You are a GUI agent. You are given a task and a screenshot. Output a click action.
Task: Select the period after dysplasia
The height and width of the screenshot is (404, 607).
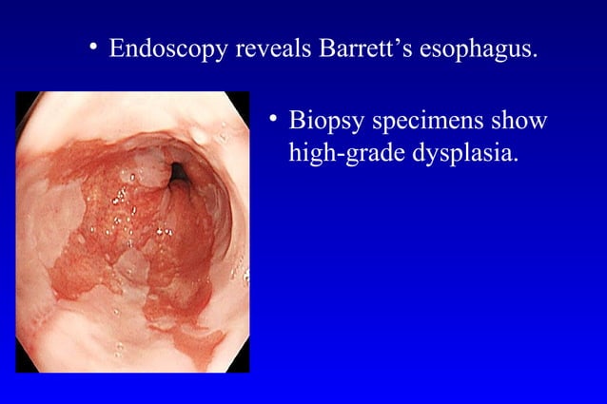click(517, 159)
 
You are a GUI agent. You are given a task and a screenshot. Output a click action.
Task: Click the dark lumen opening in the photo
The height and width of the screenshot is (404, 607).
click(178, 172)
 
